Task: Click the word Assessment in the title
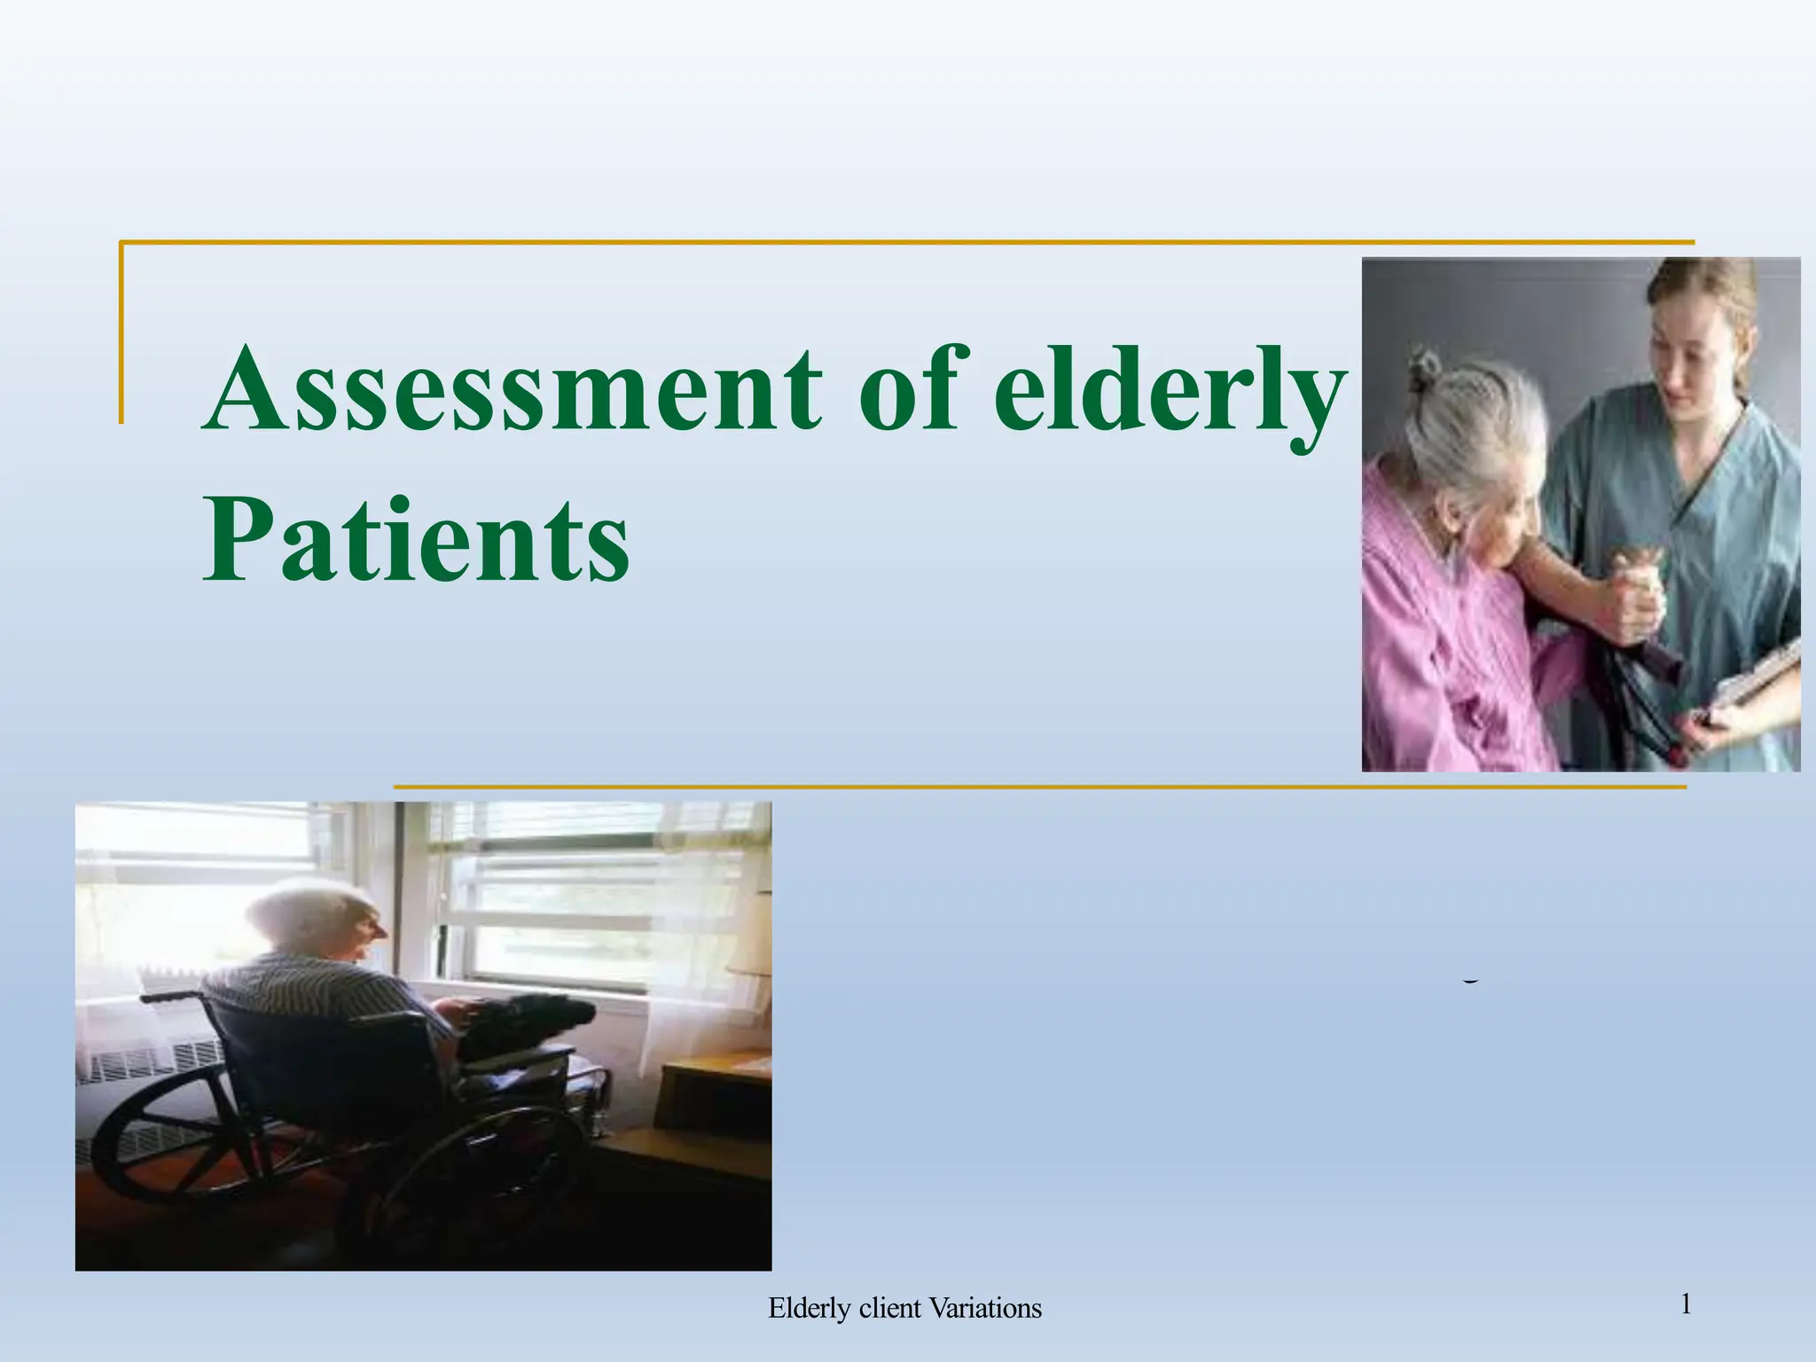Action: click(514, 390)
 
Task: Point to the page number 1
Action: click(1686, 1304)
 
